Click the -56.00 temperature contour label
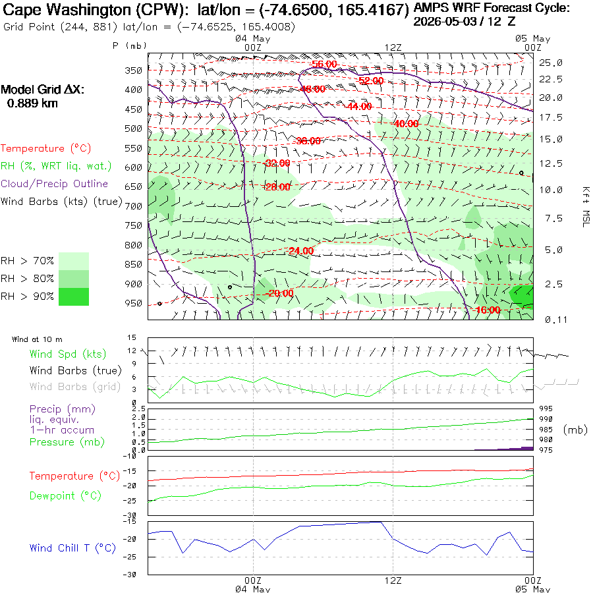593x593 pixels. [324, 64]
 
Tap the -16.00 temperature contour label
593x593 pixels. [488, 310]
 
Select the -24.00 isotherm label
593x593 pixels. [301, 251]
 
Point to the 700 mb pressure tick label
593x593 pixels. [133, 206]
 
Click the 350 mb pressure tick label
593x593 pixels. [133, 71]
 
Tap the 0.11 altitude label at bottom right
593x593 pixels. [556, 320]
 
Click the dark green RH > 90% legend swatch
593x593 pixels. [74, 296]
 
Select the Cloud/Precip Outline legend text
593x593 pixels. [54, 184]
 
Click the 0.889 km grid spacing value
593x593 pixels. [32, 103]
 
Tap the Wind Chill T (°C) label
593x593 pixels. [72, 548]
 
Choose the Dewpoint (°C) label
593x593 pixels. [65, 495]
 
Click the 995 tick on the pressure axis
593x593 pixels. [546, 409]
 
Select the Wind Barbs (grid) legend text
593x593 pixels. [75, 387]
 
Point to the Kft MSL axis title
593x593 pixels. [586, 207]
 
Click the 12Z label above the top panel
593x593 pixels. [393, 47]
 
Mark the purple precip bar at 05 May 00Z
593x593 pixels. [527, 448]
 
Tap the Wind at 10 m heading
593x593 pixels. [37, 339]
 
